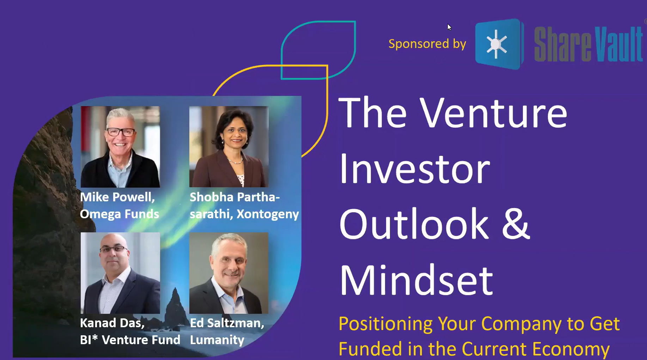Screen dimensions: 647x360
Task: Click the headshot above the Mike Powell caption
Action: click(120, 147)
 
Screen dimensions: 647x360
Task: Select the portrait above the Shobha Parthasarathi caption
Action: click(229, 147)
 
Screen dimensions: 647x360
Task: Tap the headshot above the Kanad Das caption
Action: click(120, 273)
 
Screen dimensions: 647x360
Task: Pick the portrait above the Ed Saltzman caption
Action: click(229, 273)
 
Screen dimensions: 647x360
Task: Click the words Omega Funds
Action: click(120, 214)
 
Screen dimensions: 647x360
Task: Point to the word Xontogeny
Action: click(268, 214)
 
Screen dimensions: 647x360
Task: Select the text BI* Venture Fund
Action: click(130, 340)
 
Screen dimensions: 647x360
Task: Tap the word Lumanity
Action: click(217, 340)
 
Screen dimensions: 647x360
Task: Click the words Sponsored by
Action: click(427, 44)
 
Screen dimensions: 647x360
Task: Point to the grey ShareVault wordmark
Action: click(588, 44)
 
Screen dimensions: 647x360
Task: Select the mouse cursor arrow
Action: click(449, 27)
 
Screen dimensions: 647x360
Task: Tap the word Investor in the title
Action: click(415, 169)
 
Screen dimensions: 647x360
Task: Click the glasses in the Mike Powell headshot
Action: click(120, 133)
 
